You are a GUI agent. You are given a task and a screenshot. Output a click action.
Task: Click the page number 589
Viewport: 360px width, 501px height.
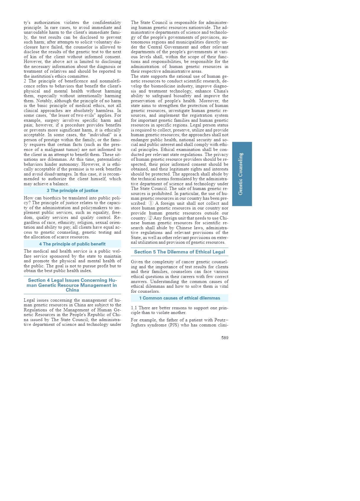coord(225,338)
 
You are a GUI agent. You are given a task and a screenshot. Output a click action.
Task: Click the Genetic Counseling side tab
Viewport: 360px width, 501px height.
coord(242,174)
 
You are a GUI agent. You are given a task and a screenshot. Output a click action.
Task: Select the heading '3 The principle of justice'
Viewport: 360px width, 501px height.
coord(72,191)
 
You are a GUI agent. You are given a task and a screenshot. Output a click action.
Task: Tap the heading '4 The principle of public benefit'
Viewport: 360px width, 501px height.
coord(72,244)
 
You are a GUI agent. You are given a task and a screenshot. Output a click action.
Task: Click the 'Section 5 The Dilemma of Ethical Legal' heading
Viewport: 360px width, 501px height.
coord(179,252)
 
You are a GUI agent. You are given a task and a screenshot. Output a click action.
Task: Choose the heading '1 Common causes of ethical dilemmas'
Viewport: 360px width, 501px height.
coord(179,298)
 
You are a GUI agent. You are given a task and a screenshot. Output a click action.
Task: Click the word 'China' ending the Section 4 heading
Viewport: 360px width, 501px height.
coord(72,290)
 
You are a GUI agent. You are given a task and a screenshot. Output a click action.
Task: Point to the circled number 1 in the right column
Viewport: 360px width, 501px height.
coord(151,203)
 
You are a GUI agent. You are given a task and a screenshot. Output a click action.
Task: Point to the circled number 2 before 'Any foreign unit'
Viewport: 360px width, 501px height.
coord(150,218)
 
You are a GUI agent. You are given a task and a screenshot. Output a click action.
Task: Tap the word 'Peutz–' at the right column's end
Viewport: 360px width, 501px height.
coord(220,320)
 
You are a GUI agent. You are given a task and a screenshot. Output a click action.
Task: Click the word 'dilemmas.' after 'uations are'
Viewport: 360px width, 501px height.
coord(57,159)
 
